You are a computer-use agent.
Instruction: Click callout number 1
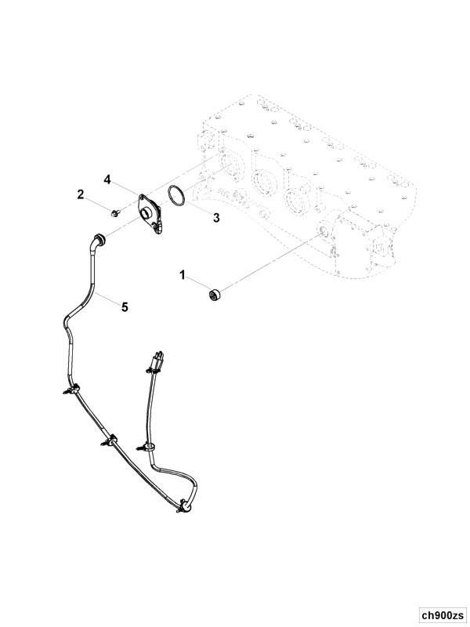point(183,275)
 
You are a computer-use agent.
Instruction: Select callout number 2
point(81,194)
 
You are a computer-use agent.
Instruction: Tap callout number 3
point(216,218)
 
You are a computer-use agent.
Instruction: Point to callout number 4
point(107,179)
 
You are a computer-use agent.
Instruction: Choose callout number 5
point(125,307)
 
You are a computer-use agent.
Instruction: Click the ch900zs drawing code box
point(443,614)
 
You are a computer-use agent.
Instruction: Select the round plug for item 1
point(215,295)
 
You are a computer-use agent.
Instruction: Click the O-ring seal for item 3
point(177,195)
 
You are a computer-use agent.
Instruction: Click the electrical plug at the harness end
point(157,362)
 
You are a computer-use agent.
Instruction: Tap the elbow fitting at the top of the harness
point(98,242)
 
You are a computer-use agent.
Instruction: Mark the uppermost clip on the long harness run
point(72,388)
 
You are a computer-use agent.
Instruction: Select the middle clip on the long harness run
point(110,440)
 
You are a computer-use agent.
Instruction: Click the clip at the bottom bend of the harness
point(184,506)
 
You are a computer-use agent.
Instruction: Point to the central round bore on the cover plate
point(147,212)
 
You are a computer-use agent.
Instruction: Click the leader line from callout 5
point(107,299)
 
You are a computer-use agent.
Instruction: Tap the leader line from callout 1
point(199,283)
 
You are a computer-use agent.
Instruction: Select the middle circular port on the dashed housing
point(262,183)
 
